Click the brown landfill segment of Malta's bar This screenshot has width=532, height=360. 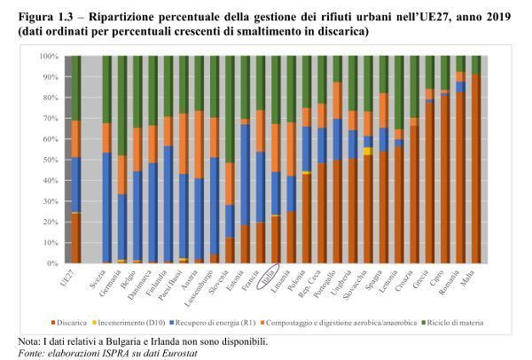pos(476,168)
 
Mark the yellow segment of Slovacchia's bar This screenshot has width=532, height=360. pos(367,151)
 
